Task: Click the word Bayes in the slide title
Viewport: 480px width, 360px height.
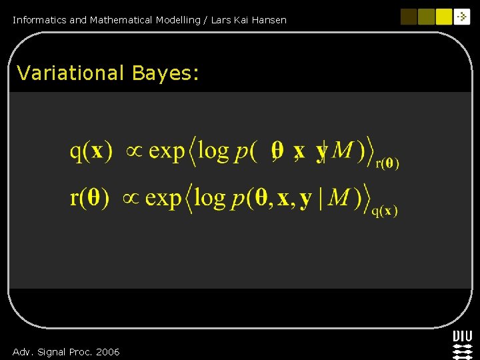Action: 163,73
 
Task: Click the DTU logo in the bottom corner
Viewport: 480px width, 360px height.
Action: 462,345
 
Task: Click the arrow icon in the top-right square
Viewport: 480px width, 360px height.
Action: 462,17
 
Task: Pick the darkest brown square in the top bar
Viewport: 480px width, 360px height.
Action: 409,17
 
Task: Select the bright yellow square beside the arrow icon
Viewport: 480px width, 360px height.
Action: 444,17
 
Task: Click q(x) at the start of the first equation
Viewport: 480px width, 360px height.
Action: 91,151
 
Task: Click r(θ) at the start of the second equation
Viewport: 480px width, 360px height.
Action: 89,198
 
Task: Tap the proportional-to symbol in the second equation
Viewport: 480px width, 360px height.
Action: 130,199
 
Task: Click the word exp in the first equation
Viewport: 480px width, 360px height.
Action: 166,152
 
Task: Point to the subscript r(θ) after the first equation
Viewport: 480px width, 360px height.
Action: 387,164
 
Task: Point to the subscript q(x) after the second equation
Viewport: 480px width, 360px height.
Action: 385,211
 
